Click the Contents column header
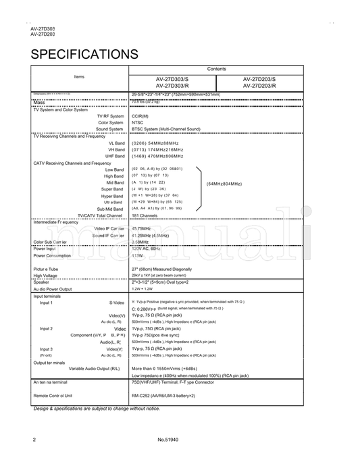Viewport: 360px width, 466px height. pyautogui.click(x=217, y=69)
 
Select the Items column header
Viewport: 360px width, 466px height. pyautogui.click(x=79, y=78)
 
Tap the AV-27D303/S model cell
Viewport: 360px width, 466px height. pyautogui.click(x=172, y=82)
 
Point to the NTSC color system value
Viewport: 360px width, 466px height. pyautogui.click(x=138, y=122)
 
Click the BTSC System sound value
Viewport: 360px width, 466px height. pyautogui.click(x=165, y=129)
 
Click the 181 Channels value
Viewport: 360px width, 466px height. pyautogui.click(x=145, y=215)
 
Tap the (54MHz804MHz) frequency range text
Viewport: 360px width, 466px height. pyautogui.click(x=224, y=183)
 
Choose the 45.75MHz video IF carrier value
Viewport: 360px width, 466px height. pyautogui.click(x=146, y=229)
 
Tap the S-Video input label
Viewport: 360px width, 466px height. pyautogui.click(x=117, y=303)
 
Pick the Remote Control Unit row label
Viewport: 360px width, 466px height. pyautogui.click(x=53, y=395)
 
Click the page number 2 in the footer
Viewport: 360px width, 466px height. pyautogui.click(x=34, y=440)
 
